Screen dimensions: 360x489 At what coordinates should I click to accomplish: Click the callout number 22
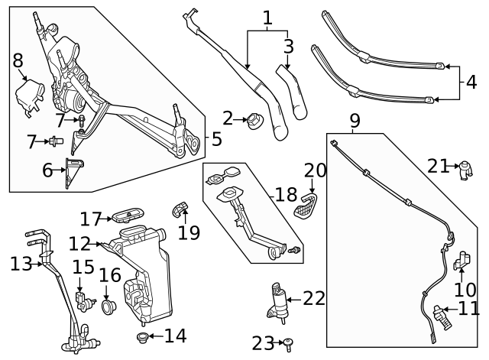tap(314, 298)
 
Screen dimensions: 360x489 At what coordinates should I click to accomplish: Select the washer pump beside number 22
tap(278, 300)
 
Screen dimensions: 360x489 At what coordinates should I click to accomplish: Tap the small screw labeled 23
tap(288, 344)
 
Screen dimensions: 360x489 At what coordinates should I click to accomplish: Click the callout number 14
tap(175, 336)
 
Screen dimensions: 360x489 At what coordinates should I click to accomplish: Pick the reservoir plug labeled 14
tap(141, 336)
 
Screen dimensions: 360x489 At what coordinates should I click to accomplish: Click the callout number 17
tap(90, 219)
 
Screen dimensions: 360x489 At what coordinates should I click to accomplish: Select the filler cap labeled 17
tap(127, 215)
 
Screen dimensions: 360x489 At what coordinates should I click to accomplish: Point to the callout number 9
tap(354, 121)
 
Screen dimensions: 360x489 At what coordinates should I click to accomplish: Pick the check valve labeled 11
tap(439, 313)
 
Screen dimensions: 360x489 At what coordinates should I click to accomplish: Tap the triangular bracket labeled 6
tap(74, 171)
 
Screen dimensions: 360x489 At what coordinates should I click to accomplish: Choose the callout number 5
tap(216, 139)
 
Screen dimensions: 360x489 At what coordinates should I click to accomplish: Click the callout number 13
tap(21, 264)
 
